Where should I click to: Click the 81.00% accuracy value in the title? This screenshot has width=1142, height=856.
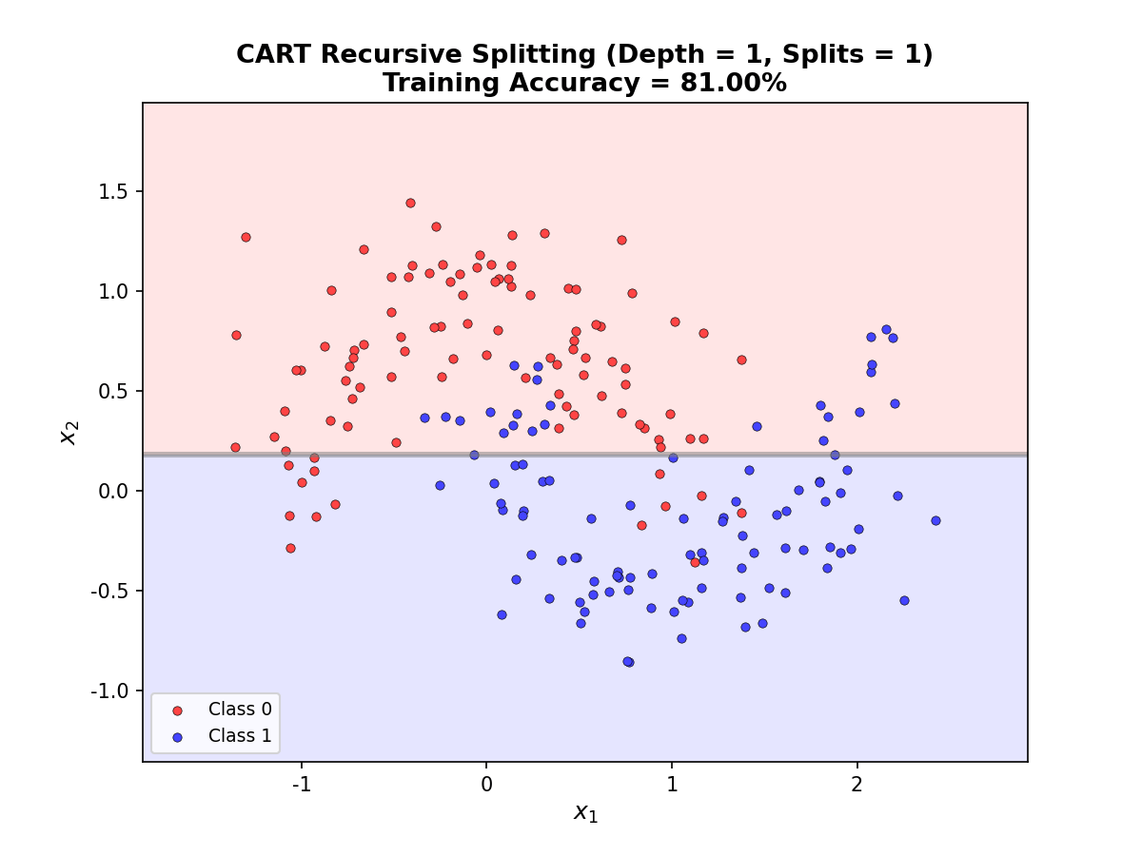click(733, 84)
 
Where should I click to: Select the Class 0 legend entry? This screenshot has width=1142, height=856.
click(232, 710)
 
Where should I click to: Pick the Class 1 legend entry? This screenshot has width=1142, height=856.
click(232, 736)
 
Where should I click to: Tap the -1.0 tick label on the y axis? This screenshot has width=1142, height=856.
click(108, 691)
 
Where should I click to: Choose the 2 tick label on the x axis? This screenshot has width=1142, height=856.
click(856, 785)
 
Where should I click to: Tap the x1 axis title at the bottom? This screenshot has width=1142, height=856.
click(585, 812)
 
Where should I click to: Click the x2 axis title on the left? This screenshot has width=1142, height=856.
click(69, 433)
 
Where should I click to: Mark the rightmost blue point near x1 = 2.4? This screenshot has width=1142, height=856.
click(935, 520)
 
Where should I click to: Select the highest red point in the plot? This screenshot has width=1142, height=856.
click(410, 203)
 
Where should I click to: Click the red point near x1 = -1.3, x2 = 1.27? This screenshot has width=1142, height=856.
click(246, 237)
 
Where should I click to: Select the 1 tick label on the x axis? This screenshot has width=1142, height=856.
click(672, 785)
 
